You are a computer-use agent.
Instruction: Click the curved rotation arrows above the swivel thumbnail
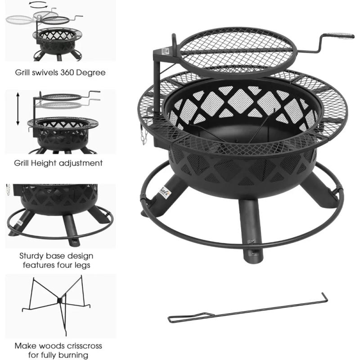(x=38, y=5)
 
